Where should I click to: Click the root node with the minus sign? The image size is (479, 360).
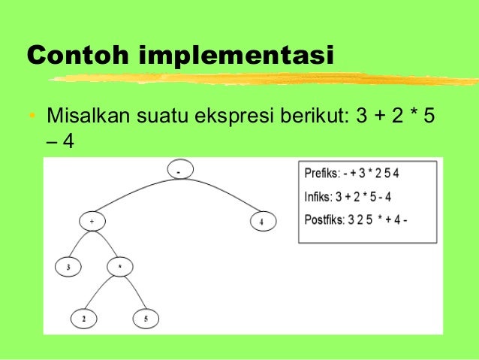[179, 171]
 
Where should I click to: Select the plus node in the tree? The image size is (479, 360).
[92, 222]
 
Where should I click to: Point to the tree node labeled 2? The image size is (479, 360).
[85, 319]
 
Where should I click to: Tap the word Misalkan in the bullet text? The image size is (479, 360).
[87, 118]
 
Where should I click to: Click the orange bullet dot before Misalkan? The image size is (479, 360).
[32, 118]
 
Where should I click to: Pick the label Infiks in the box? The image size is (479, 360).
[318, 198]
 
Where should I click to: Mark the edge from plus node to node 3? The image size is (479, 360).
[78, 244]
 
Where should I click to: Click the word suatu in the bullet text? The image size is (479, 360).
[164, 118]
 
